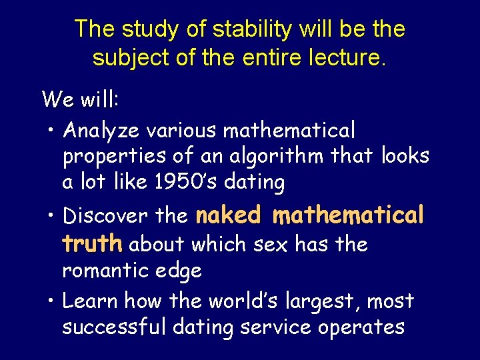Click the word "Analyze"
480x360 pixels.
(x=102, y=129)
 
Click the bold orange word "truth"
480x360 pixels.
(x=92, y=244)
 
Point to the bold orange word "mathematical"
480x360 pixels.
(x=349, y=215)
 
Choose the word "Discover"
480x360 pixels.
(x=105, y=216)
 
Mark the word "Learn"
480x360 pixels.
(x=87, y=301)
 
